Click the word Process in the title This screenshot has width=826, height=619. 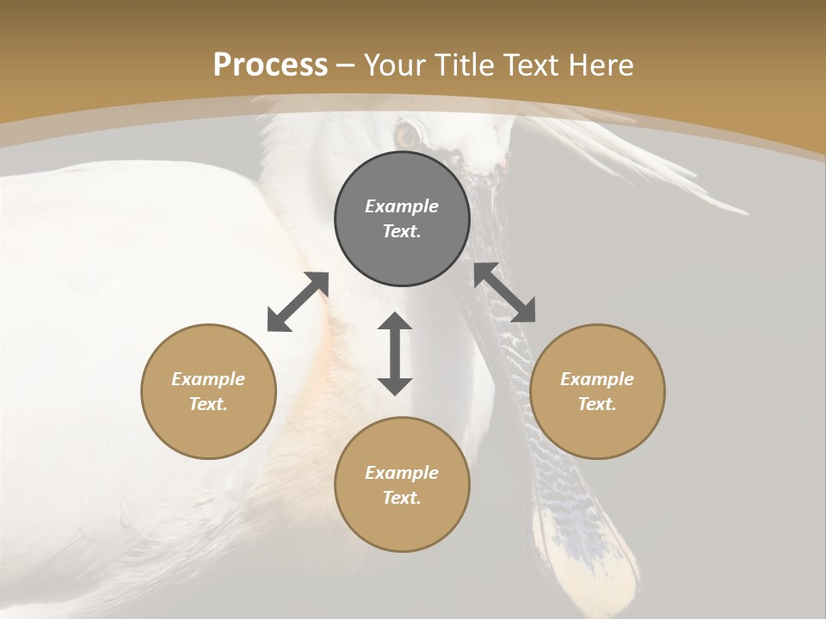[270, 65]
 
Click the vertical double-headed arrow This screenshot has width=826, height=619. [395, 353]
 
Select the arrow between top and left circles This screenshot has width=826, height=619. [298, 302]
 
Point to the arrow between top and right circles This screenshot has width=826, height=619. [505, 292]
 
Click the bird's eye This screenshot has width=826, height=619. [407, 135]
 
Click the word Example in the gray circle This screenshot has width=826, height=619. [402, 206]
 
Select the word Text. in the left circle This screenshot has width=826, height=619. [208, 404]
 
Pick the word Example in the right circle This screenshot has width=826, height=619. [597, 379]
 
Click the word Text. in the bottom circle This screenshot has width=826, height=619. [402, 498]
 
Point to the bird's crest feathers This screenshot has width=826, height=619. [654, 163]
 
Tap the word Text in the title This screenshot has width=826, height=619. [528, 65]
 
